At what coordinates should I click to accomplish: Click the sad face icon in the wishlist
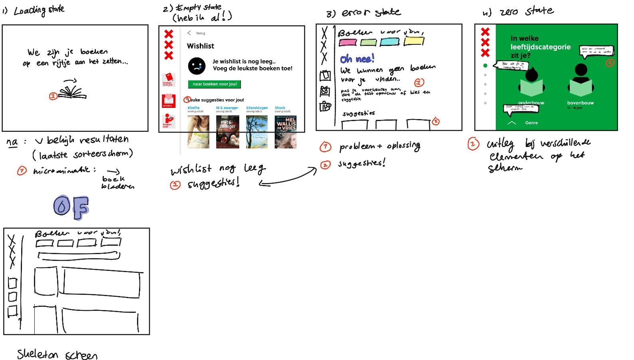tap(197, 66)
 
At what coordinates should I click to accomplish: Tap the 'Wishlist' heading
tap(201, 46)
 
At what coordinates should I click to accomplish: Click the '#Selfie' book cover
tap(198, 132)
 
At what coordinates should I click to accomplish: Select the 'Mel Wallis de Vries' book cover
tap(286, 132)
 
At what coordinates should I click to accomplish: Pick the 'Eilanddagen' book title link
tap(257, 108)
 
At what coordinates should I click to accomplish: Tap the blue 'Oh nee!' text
tap(357, 59)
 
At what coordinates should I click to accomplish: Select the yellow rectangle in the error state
tap(414, 41)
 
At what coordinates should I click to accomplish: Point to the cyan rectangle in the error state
tap(390, 42)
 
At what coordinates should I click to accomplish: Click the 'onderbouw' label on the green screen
tap(531, 103)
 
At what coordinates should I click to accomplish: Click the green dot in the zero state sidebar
tap(485, 66)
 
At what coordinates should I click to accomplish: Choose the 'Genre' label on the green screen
tap(531, 123)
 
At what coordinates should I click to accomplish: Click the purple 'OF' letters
tap(71, 207)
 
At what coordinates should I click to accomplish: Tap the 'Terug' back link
tap(200, 33)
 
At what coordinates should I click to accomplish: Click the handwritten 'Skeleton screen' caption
tap(57, 354)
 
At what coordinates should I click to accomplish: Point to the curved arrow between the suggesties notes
tap(288, 178)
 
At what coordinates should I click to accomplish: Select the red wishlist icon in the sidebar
tap(169, 101)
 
